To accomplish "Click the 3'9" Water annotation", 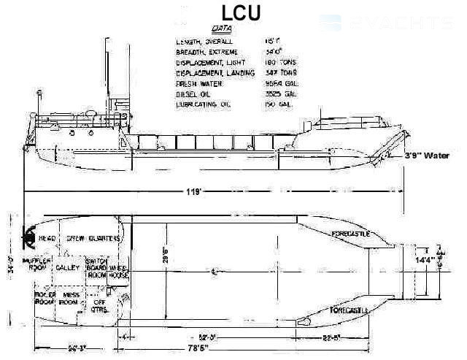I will (x=430, y=156).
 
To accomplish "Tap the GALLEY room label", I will (x=68, y=268).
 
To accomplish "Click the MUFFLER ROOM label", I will (x=36, y=264).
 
